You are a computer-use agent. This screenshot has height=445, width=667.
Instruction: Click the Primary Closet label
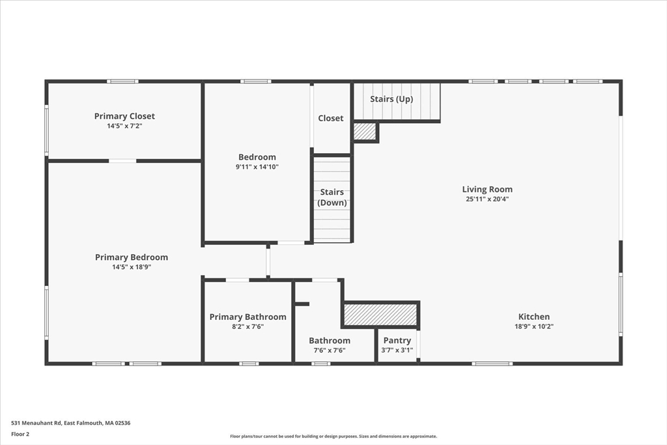pyautogui.click(x=124, y=116)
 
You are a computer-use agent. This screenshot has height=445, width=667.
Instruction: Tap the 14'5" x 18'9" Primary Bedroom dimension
pyautogui.click(x=132, y=267)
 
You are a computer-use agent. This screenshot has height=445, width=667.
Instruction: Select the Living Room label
pyautogui.click(x=487, y=190)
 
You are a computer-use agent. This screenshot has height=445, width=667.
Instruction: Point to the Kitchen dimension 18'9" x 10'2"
pyautogui.click(x=534, y=326)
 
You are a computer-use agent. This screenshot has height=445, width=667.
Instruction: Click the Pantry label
pyautogui.click(x=397, y=340)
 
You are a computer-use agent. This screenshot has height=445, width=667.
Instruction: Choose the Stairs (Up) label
pyautogui.click(x=391, y=99)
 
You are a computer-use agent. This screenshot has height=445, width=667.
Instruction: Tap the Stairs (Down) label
pyautogui.click(x=332, y=197)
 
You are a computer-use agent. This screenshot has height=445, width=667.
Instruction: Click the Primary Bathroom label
pyautogui.click(x=248, y=317)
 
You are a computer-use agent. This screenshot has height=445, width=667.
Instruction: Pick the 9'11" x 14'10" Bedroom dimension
pyautogui.click(x=257, y=167)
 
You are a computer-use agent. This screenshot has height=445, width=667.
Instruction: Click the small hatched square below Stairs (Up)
pyautogui.click(x=365, y=132)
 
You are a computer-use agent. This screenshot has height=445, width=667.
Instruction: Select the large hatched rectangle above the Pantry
pyautogui.click(x=380, y=315)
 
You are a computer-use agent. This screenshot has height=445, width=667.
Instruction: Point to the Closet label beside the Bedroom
pyautogui.click(x=330, y=119)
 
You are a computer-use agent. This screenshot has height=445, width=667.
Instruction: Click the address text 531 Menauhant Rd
pyautogui.click(x=36, y=423)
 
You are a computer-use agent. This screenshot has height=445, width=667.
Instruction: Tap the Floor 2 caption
pyautogui.click(x=20, y=435)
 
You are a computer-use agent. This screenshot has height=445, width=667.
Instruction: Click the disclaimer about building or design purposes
pyautogui.click(x=333, y=436)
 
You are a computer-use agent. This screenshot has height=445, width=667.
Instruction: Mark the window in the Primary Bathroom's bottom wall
pyautogui.click(x=249, y=364)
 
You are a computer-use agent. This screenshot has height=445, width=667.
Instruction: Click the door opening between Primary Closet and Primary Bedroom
pyautogui.click(x=122, y=161)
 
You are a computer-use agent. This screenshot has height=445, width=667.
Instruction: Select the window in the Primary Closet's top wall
pyautogui.click(x=122, y=81)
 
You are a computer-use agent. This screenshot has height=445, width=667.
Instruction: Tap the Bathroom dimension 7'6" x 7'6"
pyautogui.click(x=330, y=351)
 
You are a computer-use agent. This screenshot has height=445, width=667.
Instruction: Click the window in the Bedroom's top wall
pyautogui.click(x=255, y=81)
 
